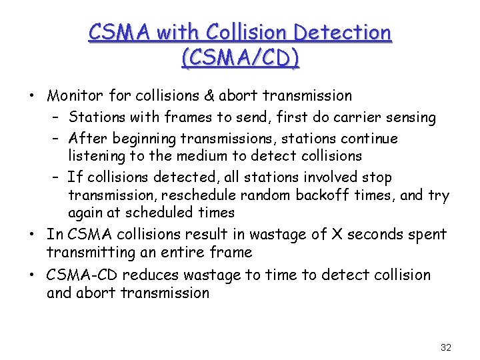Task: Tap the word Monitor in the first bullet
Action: point(75,96)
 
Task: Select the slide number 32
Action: point(446,347)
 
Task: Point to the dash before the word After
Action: point(56,139)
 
